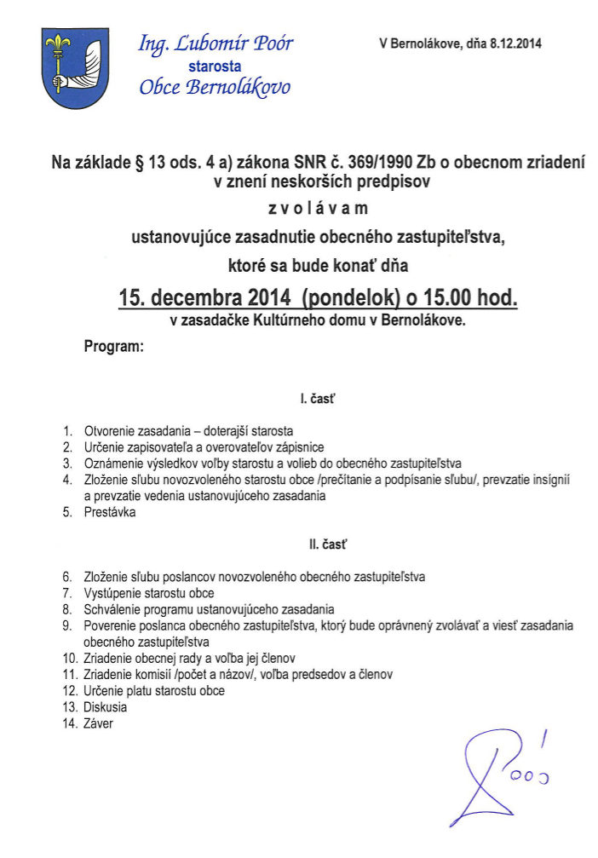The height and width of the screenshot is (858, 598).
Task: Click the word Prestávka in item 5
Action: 110,513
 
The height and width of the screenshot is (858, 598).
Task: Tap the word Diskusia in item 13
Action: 105,707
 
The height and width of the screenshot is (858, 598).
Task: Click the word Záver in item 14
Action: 99,723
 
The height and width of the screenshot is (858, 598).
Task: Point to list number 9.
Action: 67,625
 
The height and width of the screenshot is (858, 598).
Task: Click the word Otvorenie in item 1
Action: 111,431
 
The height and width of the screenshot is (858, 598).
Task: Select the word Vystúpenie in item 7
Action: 114,593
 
